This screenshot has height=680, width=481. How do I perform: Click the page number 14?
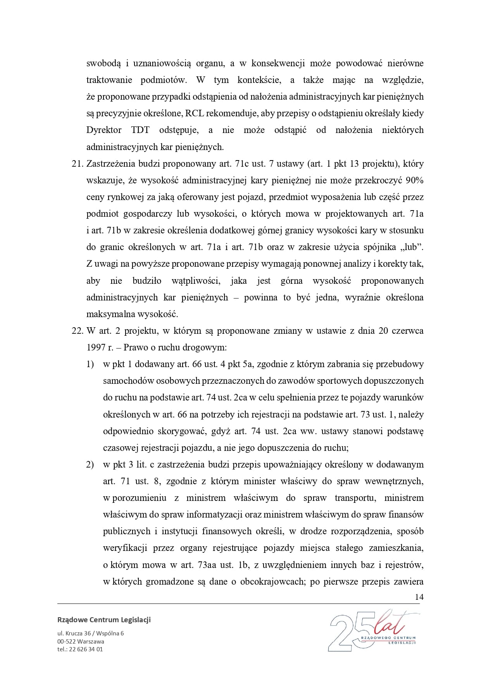[419, 597]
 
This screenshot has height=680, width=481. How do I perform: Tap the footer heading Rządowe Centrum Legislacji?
[104, 620]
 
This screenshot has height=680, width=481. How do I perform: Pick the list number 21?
[78, 164]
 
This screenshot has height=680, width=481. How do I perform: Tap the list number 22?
[78, 331]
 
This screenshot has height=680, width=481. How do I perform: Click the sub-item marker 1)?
[90, 364]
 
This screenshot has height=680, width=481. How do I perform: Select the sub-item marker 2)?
[90, 464]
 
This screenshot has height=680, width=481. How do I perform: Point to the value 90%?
[414, 180]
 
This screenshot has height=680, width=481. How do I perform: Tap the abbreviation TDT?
[140, 130]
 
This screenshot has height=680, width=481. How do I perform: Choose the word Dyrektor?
[103, 130]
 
